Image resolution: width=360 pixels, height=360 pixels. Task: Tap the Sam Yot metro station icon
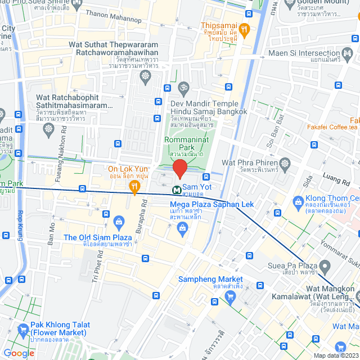(x=177, y=190)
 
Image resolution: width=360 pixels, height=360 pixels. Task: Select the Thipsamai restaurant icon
(x=244, y=29)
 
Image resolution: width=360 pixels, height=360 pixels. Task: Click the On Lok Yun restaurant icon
(x=134, y=186)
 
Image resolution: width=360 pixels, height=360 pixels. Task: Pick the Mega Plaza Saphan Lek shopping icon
(x=182, y=227)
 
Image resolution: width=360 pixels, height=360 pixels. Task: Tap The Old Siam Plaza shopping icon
(x=119, y=220)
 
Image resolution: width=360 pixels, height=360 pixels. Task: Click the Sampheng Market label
(x=210, y=280)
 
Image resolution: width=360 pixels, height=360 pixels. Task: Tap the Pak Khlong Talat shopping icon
(x=23, y=328)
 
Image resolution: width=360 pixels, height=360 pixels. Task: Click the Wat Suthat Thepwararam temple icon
(x=146, y=76)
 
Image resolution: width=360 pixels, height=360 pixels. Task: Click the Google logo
(x=19, y=353)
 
